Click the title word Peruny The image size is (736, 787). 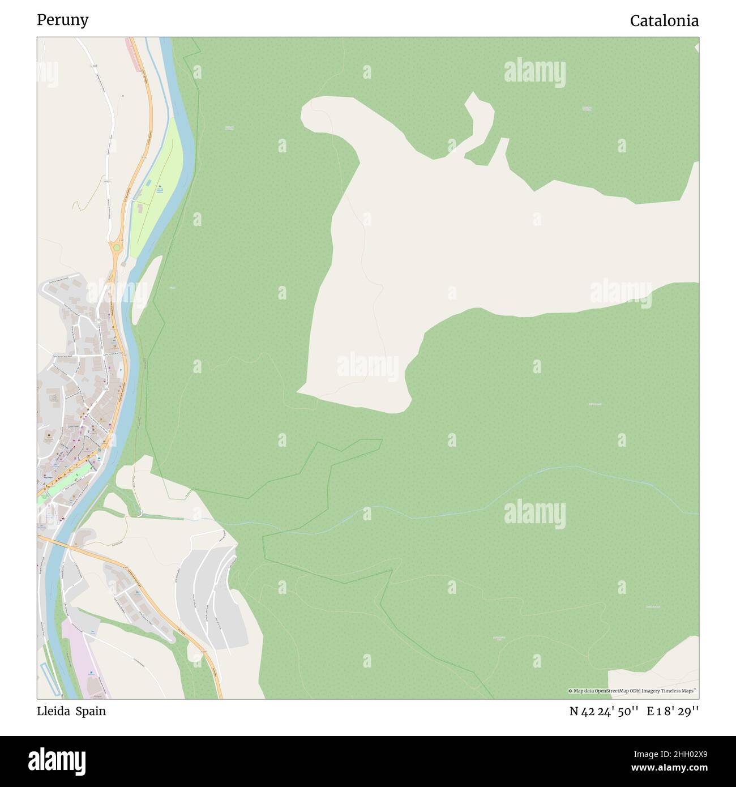coord(62,20)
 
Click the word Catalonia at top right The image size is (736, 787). coord(664,21)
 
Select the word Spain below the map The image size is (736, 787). coord(91,711)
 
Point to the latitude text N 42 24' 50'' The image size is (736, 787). coord(605,712)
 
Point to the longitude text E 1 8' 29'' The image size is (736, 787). coord(674,712)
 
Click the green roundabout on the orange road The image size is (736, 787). coord(116,247)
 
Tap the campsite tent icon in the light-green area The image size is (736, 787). coord(160,186)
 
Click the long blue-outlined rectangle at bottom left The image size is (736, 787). coord(49,678)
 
